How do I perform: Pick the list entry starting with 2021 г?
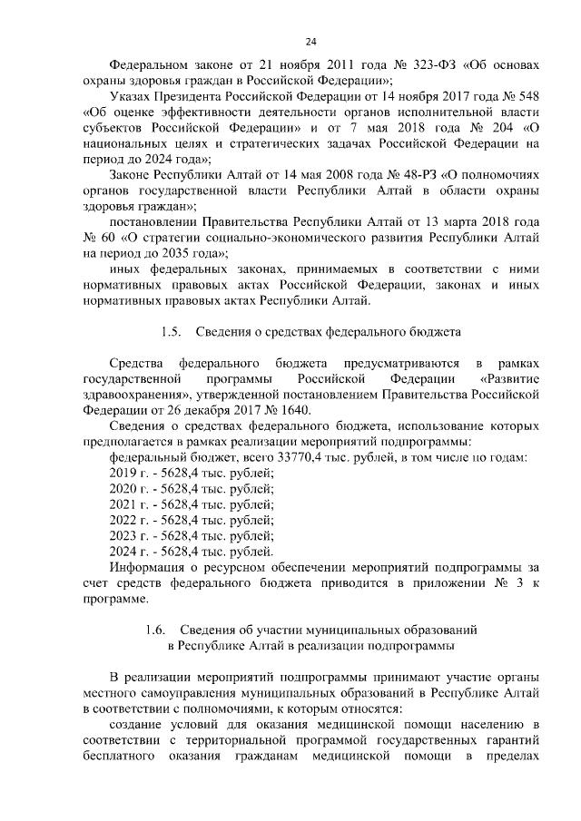pyautogui.click(x=191, y=503)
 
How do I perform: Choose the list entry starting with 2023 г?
pyautogui.click(x=191, y=534)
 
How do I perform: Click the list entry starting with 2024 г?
pyautogui.click(x=191, y=550)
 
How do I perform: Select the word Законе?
pyautogui.click(x=132, y=174)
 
